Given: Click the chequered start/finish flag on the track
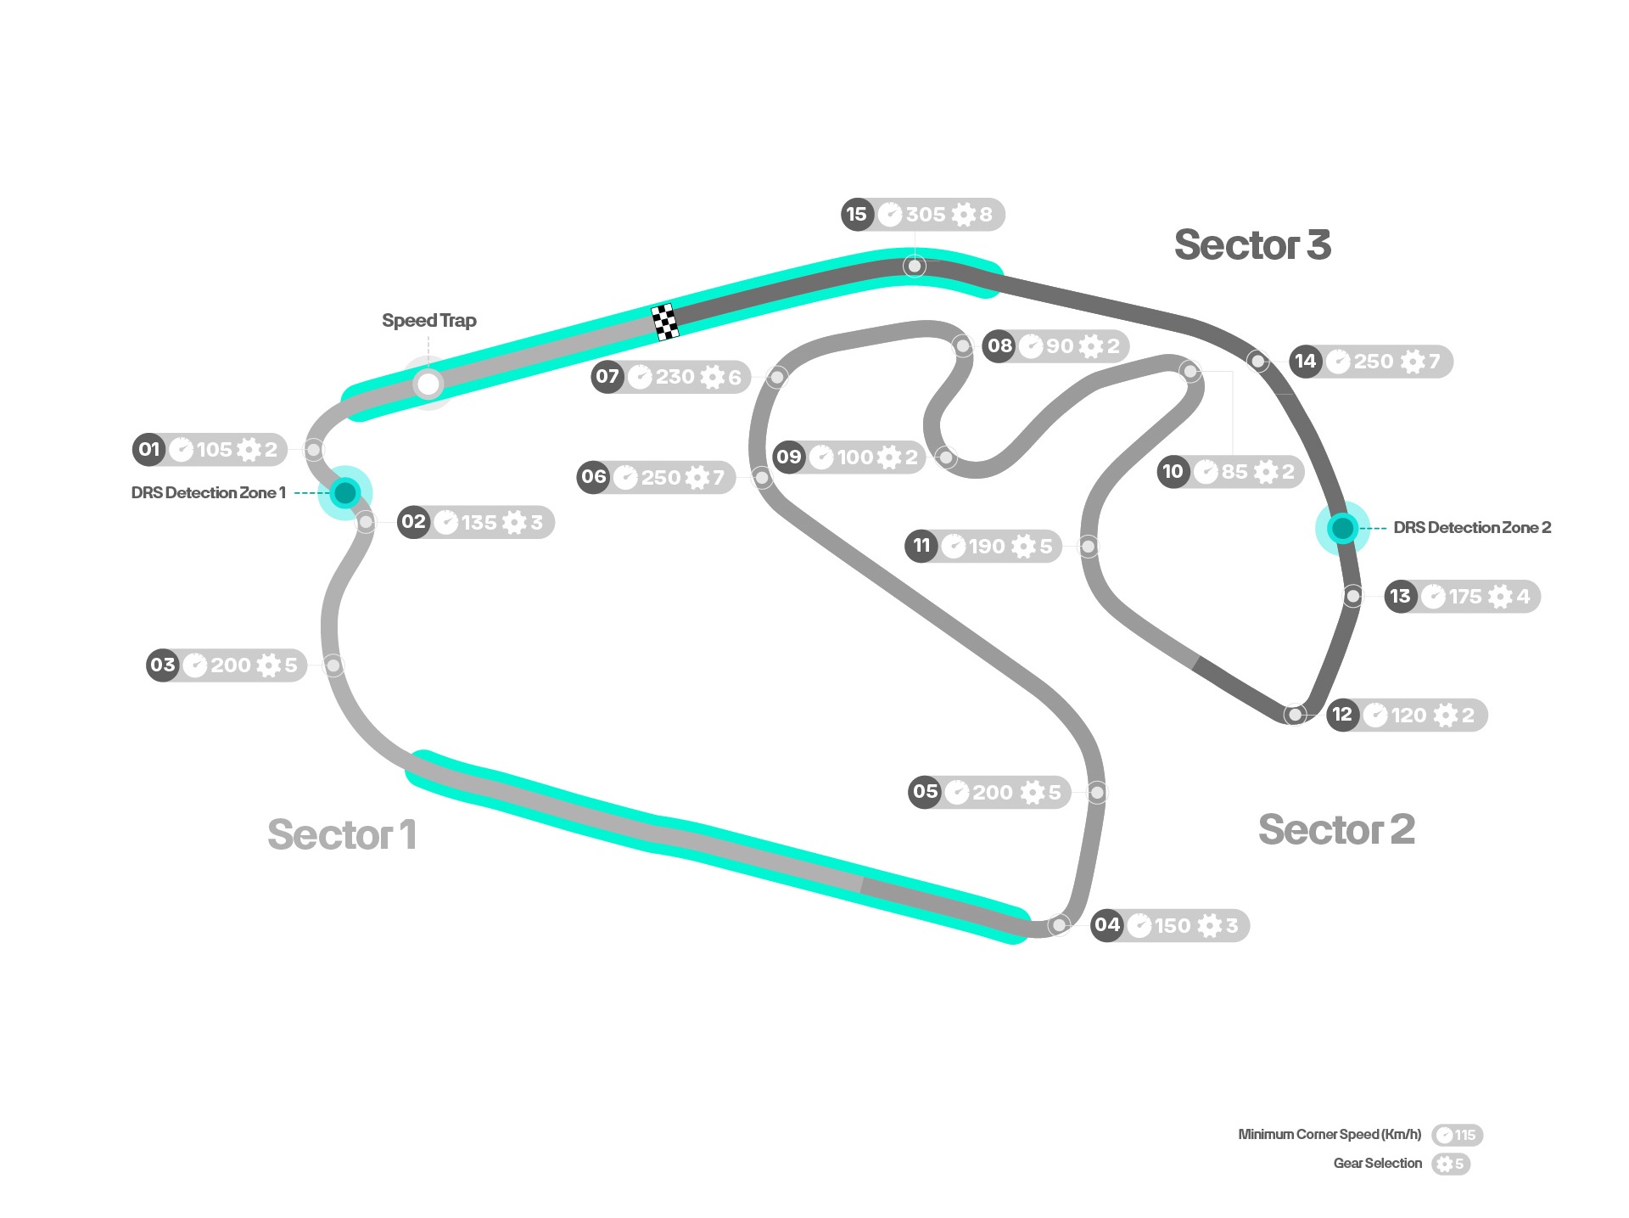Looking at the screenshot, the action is click(x=664, y=322).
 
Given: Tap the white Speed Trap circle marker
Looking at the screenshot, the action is click(x=428, y=384).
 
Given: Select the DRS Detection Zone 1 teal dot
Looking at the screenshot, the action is click(x=345, y=492).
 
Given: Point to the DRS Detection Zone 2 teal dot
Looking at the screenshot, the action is click(x=1342, y=528).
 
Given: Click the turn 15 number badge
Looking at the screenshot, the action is click(x=857, y=214).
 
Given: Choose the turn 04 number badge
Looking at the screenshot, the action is click(x=1107, y=924).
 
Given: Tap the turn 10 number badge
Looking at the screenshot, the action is click(x=1173, y=471).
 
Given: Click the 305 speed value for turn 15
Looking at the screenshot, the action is click(x=925, y=215).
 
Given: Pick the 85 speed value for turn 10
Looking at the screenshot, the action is click(x=1234, y=472).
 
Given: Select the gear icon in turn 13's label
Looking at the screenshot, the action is click(x=1500, y=597).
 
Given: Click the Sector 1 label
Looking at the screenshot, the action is click(x=342, y=834).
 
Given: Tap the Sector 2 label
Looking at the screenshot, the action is click(x=1336, y=829).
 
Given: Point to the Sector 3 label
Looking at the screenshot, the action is click(x=1252, y=244).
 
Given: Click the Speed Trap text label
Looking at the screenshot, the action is click(x=429, y=321).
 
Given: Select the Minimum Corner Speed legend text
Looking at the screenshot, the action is click(x=1330, y=1135).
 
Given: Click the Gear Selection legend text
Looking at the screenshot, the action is click(x=1378, y=1164).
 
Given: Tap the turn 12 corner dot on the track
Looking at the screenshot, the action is click(x=1294, y=715).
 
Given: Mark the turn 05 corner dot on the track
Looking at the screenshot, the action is click(x=1097, y=793).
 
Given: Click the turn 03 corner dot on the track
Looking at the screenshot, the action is click(x=333, y=665).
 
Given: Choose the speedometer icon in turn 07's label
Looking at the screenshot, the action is click(x=641, y=377).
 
